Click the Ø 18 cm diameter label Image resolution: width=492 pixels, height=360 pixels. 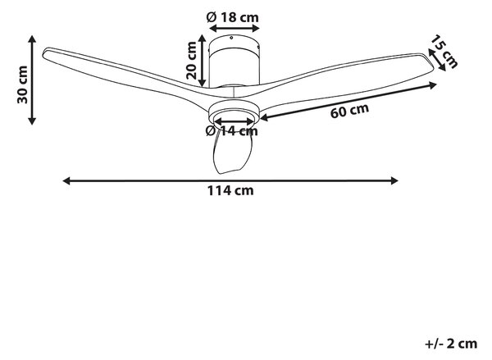233,17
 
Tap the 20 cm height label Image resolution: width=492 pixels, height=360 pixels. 191,60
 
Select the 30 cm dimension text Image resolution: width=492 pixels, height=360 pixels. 23,84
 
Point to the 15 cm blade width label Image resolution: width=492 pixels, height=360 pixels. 444,51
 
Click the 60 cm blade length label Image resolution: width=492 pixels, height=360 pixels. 349,111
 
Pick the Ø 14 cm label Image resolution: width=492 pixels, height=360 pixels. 232,131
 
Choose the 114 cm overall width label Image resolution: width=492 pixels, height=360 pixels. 230,190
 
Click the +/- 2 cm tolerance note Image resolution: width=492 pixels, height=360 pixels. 451,344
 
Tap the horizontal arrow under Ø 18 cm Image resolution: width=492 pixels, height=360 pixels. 235,28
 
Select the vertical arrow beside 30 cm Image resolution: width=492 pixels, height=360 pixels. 32,80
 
